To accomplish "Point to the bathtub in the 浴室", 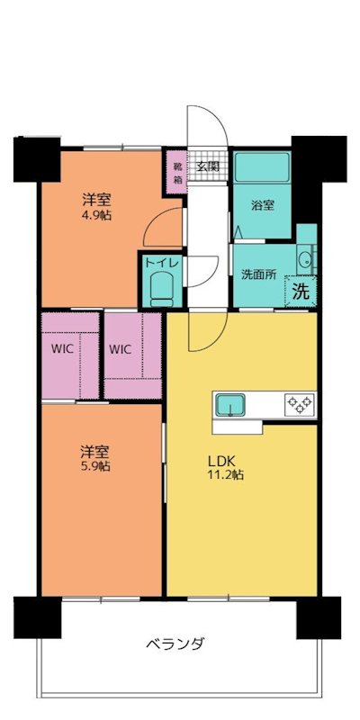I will click(262, 167).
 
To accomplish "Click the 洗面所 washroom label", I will click(258, 274).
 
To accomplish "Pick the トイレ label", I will click(162, 263).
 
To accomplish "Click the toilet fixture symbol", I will click(162, 288).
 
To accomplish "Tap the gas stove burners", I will click(298, 404).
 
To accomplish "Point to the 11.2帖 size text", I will click(225, 476).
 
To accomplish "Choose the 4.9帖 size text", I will click(95, 216).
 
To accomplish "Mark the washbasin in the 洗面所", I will click(305, 260).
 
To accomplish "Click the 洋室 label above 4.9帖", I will click(95, 201).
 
